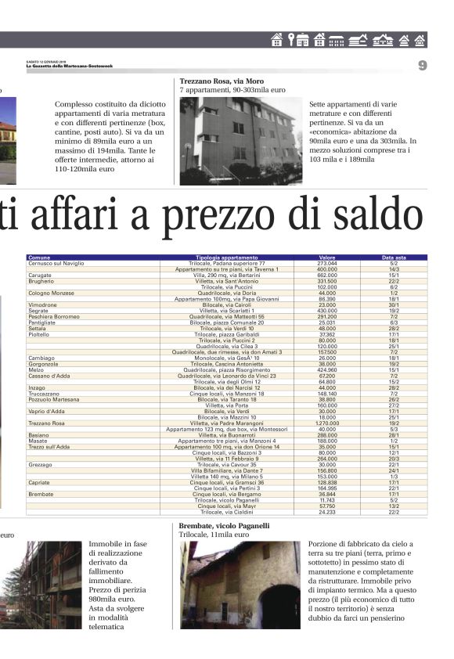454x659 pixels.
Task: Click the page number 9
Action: pos(422,66)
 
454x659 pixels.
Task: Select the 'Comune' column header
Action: pos(39,257)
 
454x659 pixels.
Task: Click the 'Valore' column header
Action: pos(328,257)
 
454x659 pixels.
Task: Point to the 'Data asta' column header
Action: pos(394,257)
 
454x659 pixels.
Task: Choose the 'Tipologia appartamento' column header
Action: pos(227,257)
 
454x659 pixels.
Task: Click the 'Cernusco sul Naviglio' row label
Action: pos(56,264)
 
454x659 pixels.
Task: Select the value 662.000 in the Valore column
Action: pos(327,275)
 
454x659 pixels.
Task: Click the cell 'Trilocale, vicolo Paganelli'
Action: pos(227,500)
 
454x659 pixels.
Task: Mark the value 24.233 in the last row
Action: pos(327,512)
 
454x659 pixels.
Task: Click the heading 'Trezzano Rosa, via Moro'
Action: pos(222,81)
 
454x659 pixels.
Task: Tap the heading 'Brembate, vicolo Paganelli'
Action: pos(224,526)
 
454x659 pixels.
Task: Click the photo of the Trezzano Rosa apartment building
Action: pos(240,140)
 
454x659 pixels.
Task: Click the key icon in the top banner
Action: pos(291,40)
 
